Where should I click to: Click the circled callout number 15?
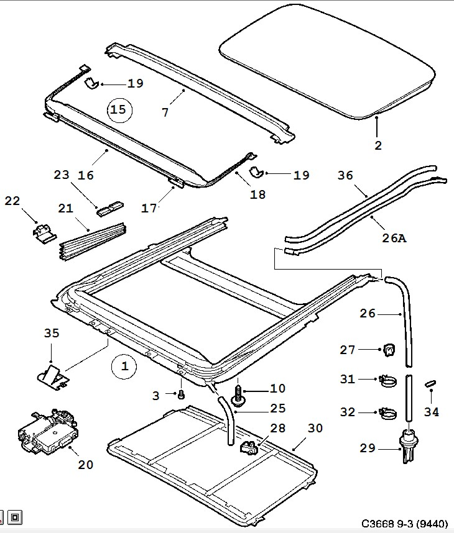coord(118,110)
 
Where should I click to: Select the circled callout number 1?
coord(124,367)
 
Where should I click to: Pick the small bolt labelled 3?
coord(181,394)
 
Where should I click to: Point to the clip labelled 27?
coord(389,350)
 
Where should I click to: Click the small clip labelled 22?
coord(43,231)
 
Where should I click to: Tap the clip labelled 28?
coord(250,445)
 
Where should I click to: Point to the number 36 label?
coord(345,176)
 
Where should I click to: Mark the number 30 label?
coord(315,427)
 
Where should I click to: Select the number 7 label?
coord(165,112)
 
